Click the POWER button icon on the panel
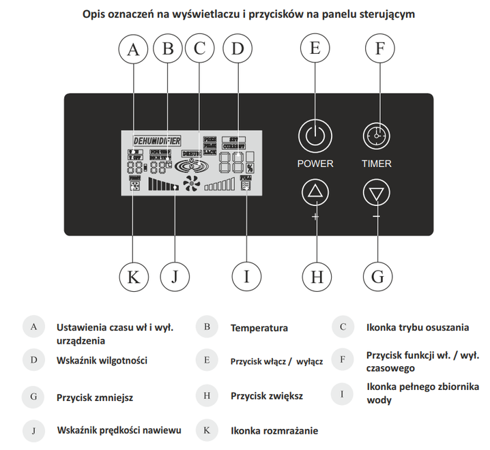pos(315,135)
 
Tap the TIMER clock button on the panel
pos(376,135)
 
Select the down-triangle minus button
pos(376,194)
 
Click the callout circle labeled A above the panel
pos(133,49)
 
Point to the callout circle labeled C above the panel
pos(199,49)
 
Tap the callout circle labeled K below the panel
pos(133,277)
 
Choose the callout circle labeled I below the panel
pos(246,277)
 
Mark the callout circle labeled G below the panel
pos(377,277)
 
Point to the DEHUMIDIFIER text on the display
pos(156,141)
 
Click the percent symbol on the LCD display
pos(250,168)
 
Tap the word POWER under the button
pos(315,164)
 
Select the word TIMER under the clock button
pos(377,164)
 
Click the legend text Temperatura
pos(259,328)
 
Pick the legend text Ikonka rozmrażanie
pos(274,431)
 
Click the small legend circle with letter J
pos(33,431)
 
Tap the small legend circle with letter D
pos(33,360)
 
